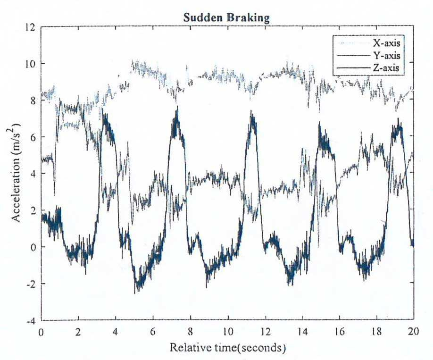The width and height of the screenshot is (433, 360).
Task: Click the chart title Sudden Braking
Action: (x=226, y=18)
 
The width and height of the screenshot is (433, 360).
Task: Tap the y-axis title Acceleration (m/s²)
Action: (x=17, y=173)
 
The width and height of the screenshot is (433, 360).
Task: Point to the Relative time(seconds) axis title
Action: (x=227, y=348)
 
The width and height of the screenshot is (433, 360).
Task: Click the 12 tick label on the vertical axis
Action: (x=30, y=27)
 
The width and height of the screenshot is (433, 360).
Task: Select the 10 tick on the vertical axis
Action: (x=30, y=64)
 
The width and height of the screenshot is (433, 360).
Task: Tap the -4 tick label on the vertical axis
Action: (x=31, y=321)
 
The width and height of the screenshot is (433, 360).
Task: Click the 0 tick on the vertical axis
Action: (x=33, y=247)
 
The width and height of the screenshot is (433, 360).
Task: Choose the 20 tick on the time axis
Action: (x=413, y=332)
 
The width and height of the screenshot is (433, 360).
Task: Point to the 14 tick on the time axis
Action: (x=302, y=332)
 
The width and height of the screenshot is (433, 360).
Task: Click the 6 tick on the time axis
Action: (x=153, y=332)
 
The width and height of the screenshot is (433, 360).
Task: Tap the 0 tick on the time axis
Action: (x=41, y=332)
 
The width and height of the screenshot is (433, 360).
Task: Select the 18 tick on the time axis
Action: (x=377, y=332)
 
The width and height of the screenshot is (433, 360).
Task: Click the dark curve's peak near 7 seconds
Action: (x=177, y=106)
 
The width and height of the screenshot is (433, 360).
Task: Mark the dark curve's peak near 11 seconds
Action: (x=251, y=110)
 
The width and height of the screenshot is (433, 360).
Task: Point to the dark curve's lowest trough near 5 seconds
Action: (x=135, y=293)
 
